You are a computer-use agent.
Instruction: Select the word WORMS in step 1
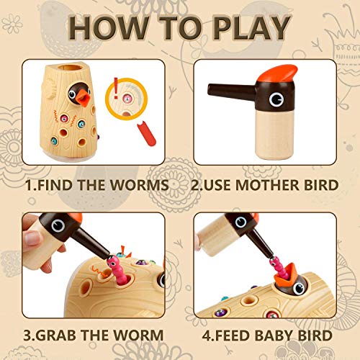click(x=138, y=186)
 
